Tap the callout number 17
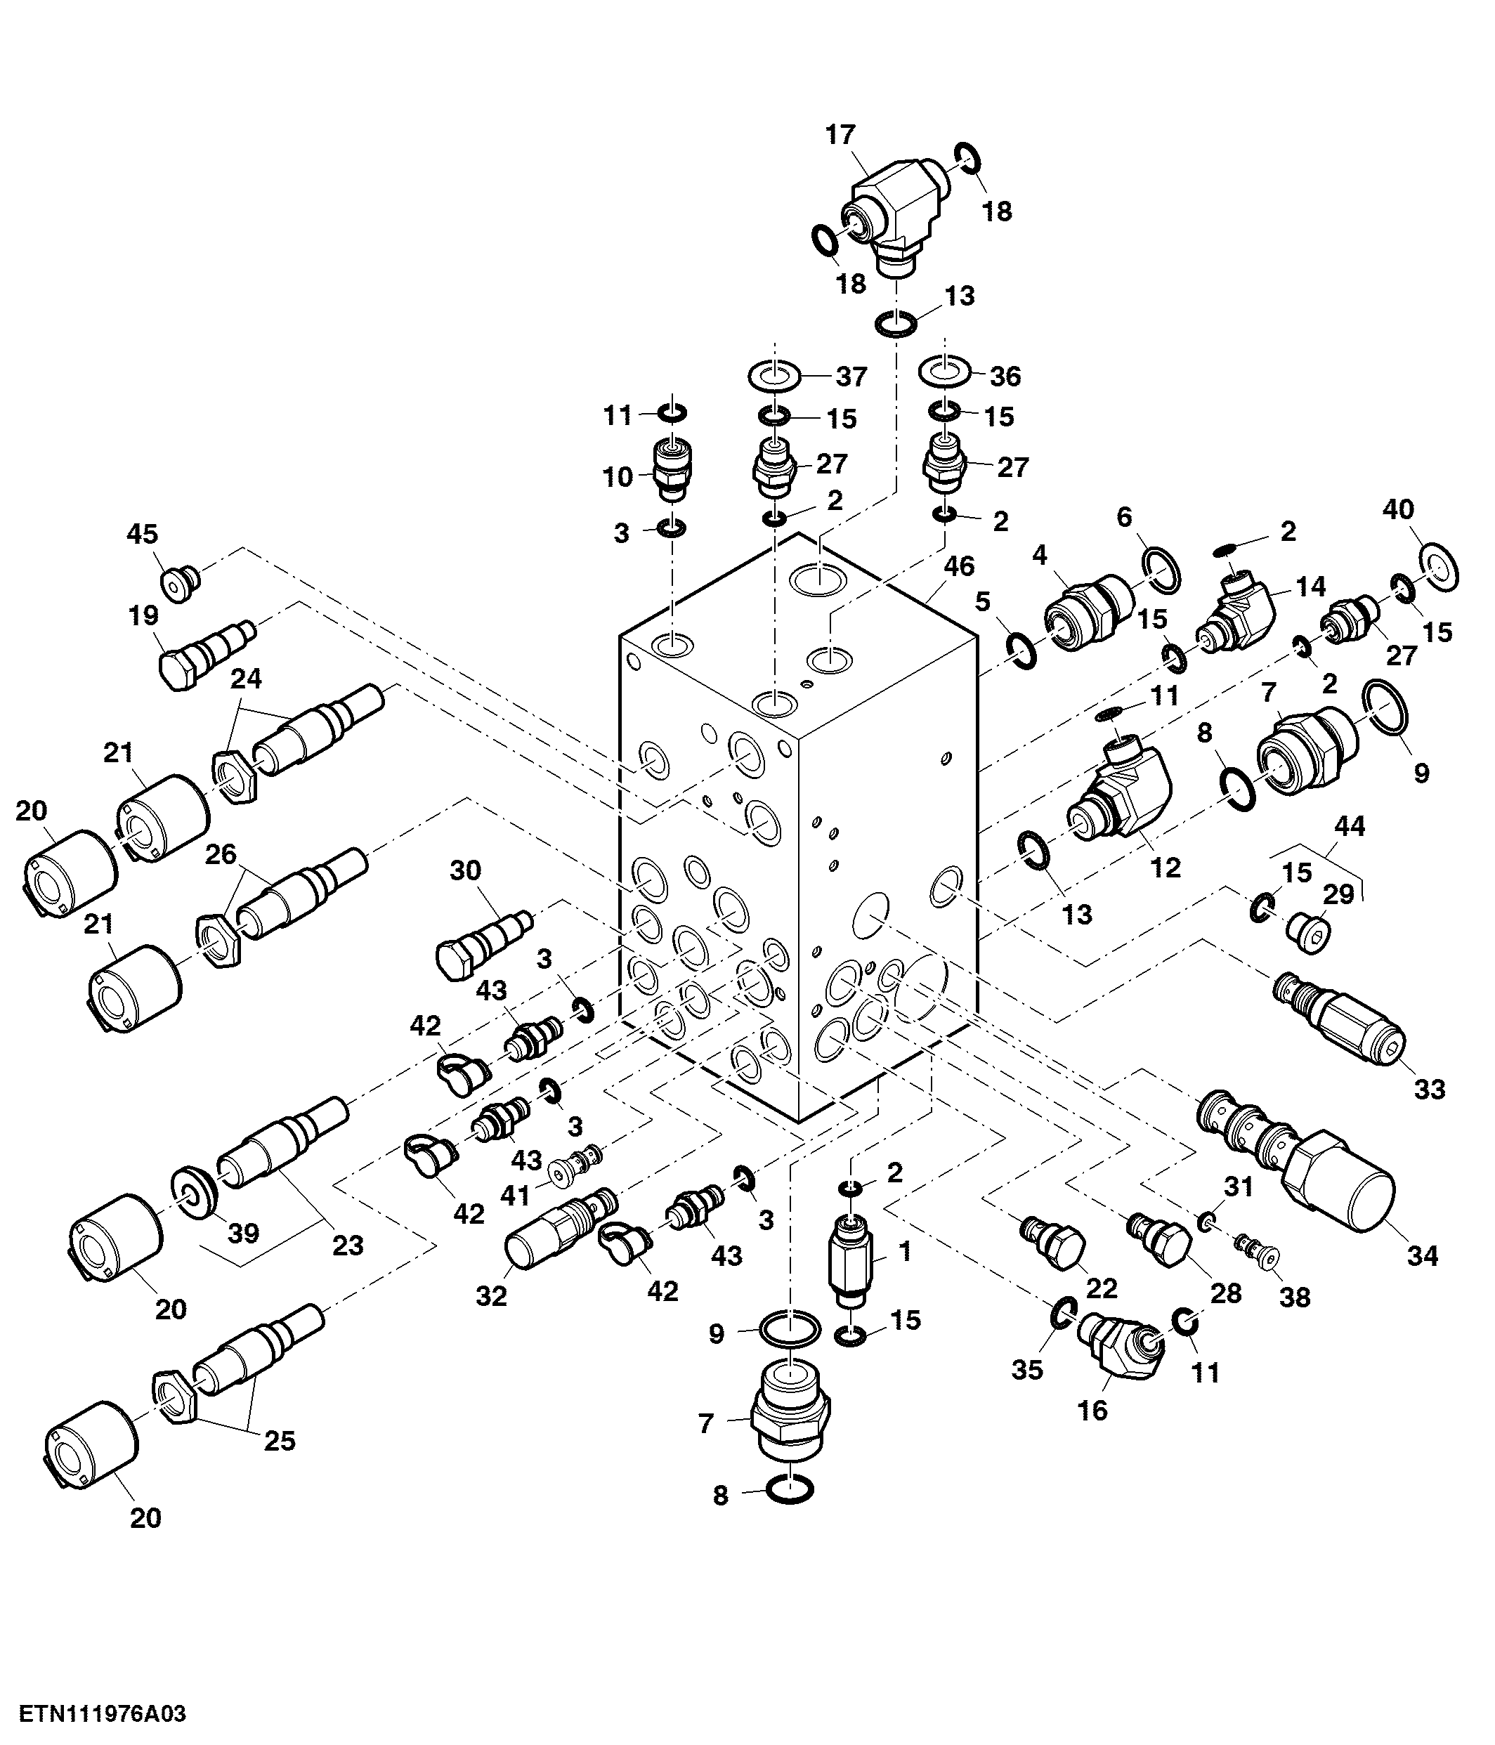point(840,135)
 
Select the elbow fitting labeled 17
point(895,216)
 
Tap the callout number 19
point(144,615)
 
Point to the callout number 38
point(1295,1298)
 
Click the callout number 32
point(491,1296)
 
